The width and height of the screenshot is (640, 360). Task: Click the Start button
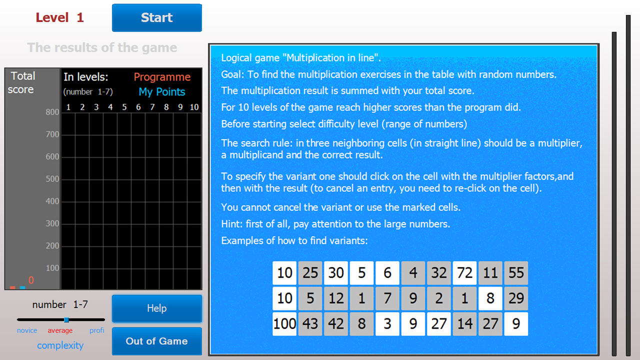pyautogui.click(x=156, y=18)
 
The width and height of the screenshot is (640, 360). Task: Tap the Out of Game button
pyautogui.click(x=156, y=341)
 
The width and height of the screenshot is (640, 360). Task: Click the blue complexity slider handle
pyautogui.click(x=66, y=319)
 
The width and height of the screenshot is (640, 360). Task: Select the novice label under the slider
pyautogui.click(x=27, y=330)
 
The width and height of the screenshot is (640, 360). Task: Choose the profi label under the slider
pyautogui.click(x=97, y=330)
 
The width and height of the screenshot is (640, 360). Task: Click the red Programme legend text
pyautogui.click(x=162, y=77)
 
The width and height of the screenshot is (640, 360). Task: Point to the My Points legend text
pyautogui.click(x=161, y=92)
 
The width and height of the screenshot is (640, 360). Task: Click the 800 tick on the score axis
pyautogui.click(x=52, y=112)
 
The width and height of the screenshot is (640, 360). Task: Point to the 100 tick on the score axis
pyautogui.click(x=52, y=268)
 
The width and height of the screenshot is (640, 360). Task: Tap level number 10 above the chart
pyautogui.click(x=194, y=107)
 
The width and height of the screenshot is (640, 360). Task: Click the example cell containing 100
pyautogui.click(x=284, y=323)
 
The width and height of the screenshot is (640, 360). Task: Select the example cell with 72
pyautogui.click(x=464, y=272)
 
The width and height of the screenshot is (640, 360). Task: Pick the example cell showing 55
pyautogui.click(x=516, y=272)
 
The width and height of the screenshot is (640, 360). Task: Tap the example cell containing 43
pyautogui.click(x=310, y=323)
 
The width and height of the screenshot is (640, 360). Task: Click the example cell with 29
pyautogui.click(x=516, y=298)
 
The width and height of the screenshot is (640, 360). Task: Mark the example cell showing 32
pyautogui.click(x=439, y=272)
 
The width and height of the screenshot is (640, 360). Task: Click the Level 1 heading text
pyautogui.click(x=59, y=18)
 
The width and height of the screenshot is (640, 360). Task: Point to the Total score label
pyautogui.click(x=22, y=83)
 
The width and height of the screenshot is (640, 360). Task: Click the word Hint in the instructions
pyautogui.click(x=230, y=224)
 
